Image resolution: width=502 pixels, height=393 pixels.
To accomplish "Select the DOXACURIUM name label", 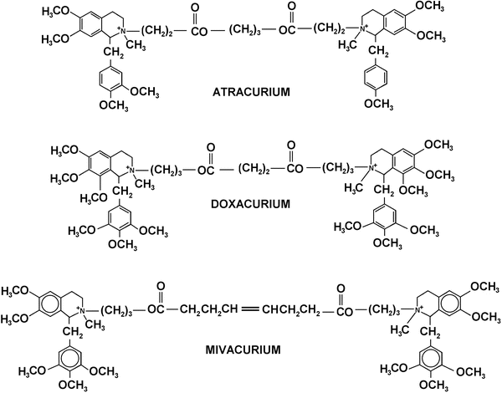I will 250,202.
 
